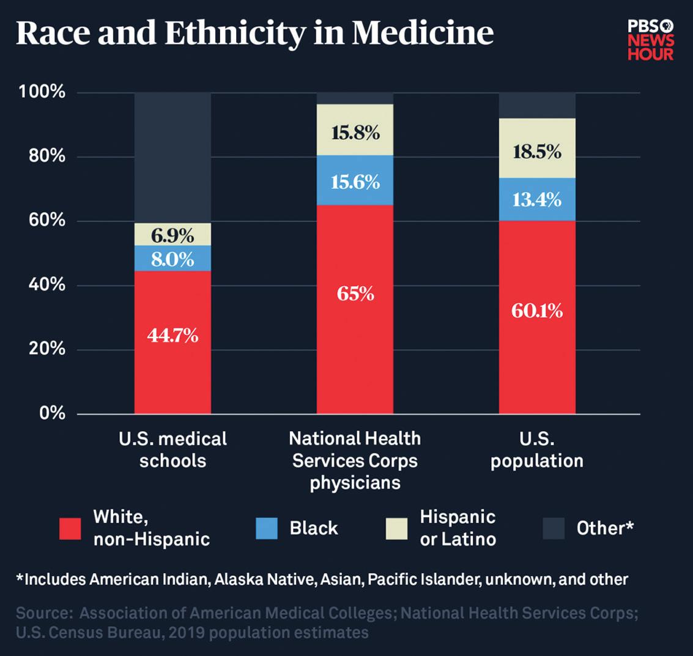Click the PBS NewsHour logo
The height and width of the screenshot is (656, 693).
click(651, 40)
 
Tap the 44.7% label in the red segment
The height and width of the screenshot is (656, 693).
click(172, 336)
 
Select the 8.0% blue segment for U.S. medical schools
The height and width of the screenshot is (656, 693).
click(172, 259)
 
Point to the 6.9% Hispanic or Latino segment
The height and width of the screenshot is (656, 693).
click(172, 235)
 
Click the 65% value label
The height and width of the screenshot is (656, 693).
click(355, 294)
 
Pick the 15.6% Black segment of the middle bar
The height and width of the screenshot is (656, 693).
click(355, 182)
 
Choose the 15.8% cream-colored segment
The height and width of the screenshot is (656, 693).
click(355, 133)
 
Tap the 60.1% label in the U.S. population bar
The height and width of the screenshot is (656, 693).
click(537, 311)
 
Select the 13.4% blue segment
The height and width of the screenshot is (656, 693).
click(537, 199)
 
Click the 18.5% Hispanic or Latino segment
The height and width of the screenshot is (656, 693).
click(537, 151)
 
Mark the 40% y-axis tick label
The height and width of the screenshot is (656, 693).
click(45, 285)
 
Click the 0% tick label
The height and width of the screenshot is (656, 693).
click(52, 413)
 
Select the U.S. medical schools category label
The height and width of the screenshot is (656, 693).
click(172, 449)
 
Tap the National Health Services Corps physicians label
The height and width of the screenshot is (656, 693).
click(355, 460)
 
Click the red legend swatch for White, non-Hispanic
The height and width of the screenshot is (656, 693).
click(70, 528)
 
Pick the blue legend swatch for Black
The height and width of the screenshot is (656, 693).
click(267, 528)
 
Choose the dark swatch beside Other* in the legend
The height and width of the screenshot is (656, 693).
click(553, 528)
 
